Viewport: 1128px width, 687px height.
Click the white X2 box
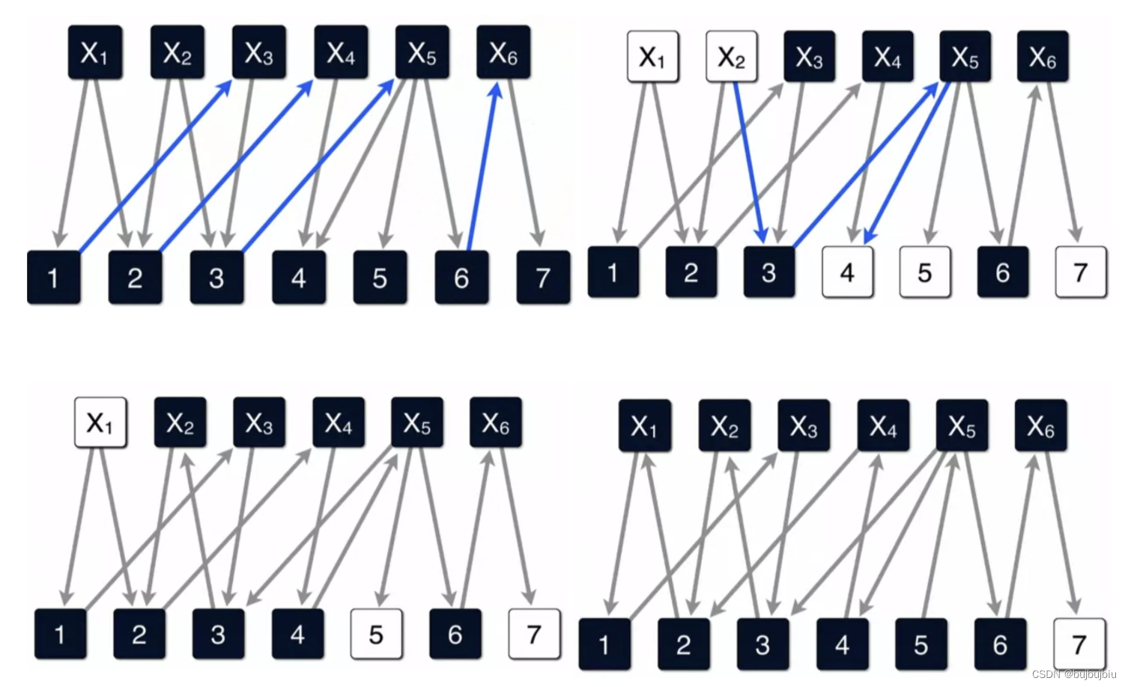pos(731,57)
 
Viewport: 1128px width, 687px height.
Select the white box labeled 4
pos(847,272)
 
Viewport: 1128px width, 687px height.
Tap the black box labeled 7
pos(543,278)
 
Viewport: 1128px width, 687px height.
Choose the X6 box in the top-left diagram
pos(503,52)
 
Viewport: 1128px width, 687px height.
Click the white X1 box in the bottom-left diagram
pos(100,423)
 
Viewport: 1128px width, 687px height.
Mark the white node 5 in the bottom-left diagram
pos(376,635)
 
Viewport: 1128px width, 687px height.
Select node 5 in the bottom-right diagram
pos(921,644)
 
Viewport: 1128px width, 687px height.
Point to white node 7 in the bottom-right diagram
pos(1079,644)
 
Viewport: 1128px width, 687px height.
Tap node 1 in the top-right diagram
pos(613,272)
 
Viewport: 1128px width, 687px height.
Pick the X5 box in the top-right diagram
pos(965,57)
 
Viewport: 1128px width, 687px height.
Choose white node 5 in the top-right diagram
pos(925,272)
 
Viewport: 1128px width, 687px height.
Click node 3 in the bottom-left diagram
pos(218,635)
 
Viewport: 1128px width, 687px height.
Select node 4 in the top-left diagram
pos(298,278)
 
